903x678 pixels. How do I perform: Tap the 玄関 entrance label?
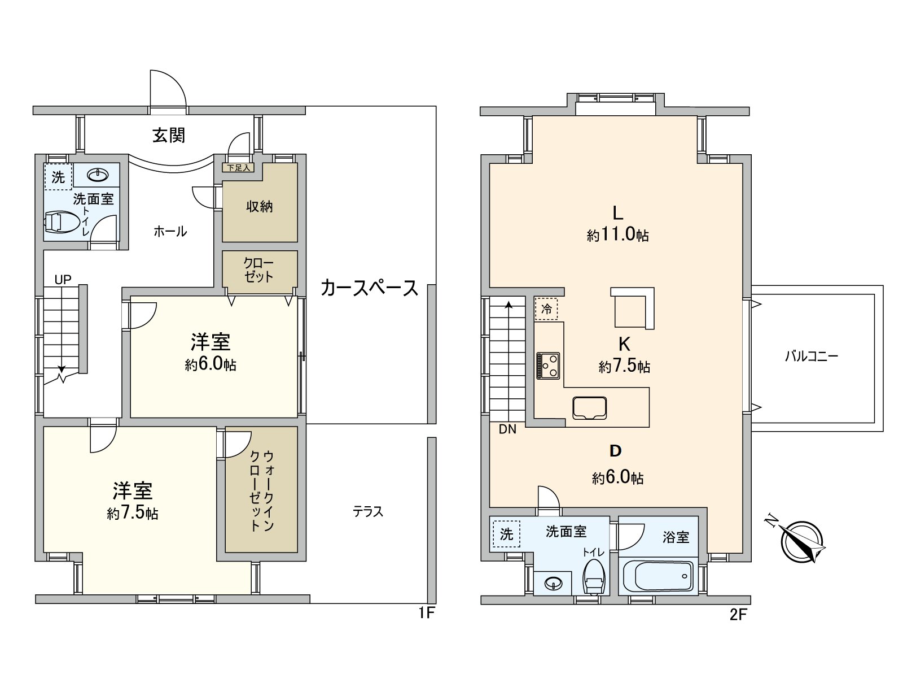tap(169, 136)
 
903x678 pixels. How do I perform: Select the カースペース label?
tap(369, 288)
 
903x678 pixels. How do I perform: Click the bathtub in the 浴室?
tap(658, 576)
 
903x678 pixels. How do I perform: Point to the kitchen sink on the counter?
tap(589, 408)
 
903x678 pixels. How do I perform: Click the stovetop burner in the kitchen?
tap(548, 365)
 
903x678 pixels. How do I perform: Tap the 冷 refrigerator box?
tap(546, 309)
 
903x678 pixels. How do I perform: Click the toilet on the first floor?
tap(62, 223)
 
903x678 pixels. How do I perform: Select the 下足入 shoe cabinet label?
tap(239, 168)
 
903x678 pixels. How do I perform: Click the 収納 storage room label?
tap(259, 207)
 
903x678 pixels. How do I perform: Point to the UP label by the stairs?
tap(63, 279)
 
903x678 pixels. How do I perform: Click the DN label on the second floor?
tap(507, 429)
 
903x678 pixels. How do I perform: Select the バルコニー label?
tap(812, 357)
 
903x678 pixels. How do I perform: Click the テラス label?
tap(367, 512)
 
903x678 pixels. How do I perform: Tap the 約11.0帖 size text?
tap(617, 235)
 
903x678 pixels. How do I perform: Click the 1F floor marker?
tap(427, 613)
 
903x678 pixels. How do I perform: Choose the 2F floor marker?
tap(738, 615)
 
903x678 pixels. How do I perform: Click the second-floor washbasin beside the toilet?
tap(553, 583)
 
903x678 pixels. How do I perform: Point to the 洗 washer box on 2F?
tap(506, 533)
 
